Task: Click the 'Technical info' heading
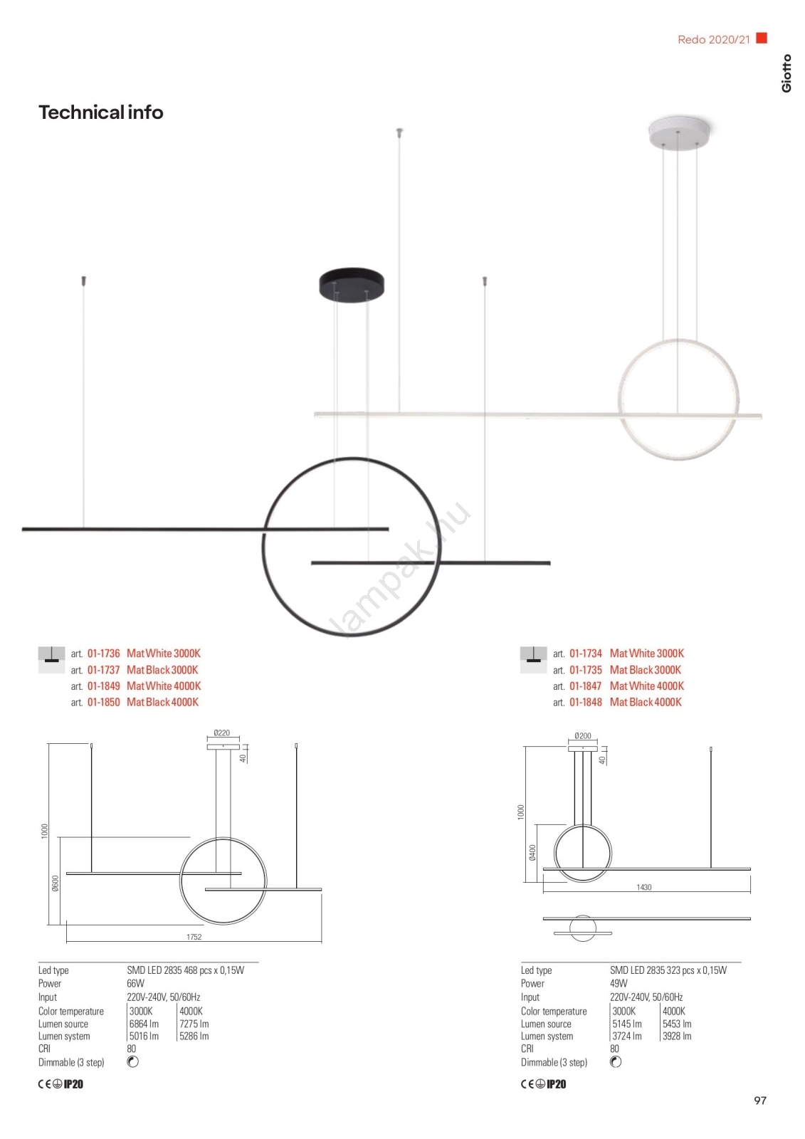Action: tap(100, 112)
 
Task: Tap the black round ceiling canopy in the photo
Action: tap(352, 284)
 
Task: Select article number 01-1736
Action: tap(104, 654)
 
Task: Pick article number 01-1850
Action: tap(104, 702)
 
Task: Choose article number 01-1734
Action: tap(586, 654)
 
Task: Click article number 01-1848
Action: tap(586, 702)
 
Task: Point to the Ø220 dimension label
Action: tap(222, 733)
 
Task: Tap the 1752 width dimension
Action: tap(194, 937)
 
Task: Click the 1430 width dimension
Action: tap(644, 887)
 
